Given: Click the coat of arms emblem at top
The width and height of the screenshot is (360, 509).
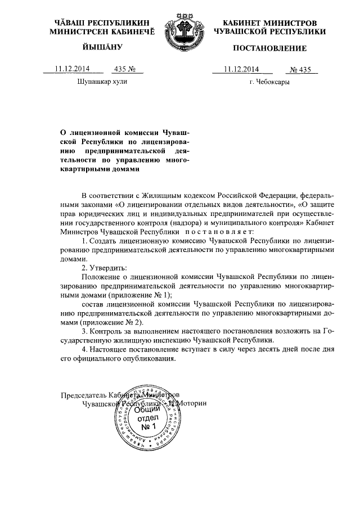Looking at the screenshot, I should (x=179, y=33).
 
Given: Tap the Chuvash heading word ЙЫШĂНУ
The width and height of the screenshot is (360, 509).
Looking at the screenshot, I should (x=93, y=49).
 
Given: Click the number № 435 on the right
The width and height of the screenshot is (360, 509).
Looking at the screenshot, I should (x=303, y=70).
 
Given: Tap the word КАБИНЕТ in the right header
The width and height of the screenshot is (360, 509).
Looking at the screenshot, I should (x=238, y=22).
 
